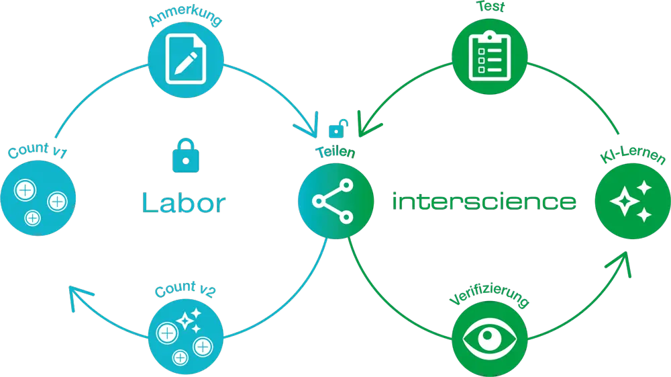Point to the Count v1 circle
[x=39, y=198]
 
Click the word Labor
[x=183, y=203]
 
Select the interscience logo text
[x=483, y=201]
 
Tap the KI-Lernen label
[x=633, y=159]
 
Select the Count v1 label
[x=37, y=151]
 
